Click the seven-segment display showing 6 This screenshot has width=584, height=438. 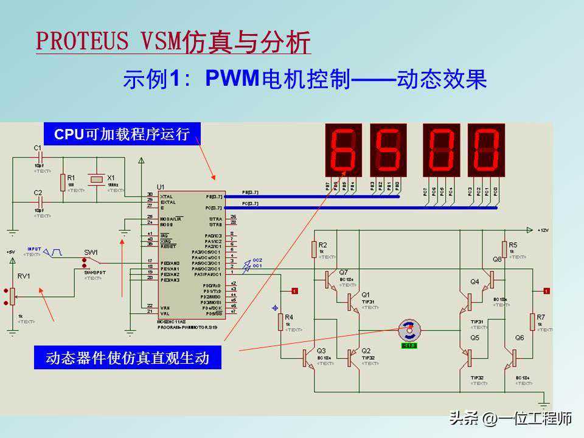[344, 150]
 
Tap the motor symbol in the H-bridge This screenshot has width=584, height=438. [409, 330]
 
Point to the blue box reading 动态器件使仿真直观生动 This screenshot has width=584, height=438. [128, 358]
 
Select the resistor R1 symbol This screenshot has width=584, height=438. [63, 181]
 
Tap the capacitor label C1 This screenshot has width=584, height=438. [38, 148]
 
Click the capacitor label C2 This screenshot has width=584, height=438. [38, 193]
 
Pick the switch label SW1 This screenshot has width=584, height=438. [91, 252]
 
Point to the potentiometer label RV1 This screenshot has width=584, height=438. [24, 276]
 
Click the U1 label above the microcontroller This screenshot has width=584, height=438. [161, 187]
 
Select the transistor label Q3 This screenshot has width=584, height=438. [321, 350]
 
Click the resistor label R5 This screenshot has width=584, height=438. [513, 245]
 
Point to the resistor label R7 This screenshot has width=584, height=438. [541, 318]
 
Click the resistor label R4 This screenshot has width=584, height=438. [289, 318]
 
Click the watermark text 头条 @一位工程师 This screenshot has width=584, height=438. [510, 419]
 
